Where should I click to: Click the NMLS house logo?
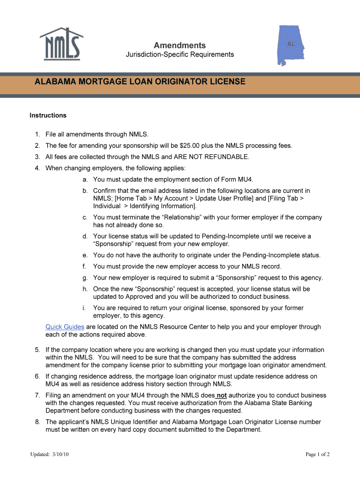pos(61,43)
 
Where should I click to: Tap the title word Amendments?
pos(180,45)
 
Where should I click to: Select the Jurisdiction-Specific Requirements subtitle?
pos(180,55)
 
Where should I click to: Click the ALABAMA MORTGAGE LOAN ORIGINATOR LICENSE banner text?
pos(140,82)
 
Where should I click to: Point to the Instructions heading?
pos(48,116)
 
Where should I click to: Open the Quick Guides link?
pos(65,327)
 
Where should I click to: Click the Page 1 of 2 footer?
pos(317,454)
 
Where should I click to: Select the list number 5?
pos(37,350)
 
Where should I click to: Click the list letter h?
pos(85,289)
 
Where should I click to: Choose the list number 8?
pos(37,422)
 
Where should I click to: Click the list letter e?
pos(85,255)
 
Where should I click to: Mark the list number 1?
pos(37,135)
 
